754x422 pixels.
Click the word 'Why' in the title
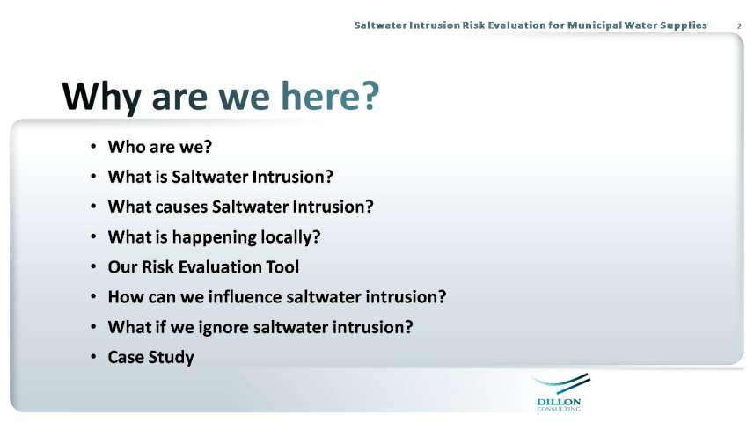(101, 97)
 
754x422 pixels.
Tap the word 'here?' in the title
(330, 95)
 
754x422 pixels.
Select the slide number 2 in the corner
(739, 26)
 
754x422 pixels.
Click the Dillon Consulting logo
(560, 392)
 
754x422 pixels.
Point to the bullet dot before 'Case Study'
(93, 357)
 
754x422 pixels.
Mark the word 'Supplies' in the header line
(684, 25)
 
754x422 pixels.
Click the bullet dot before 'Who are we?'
(93, 146)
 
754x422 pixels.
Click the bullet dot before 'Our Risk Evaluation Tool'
(93, 266)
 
